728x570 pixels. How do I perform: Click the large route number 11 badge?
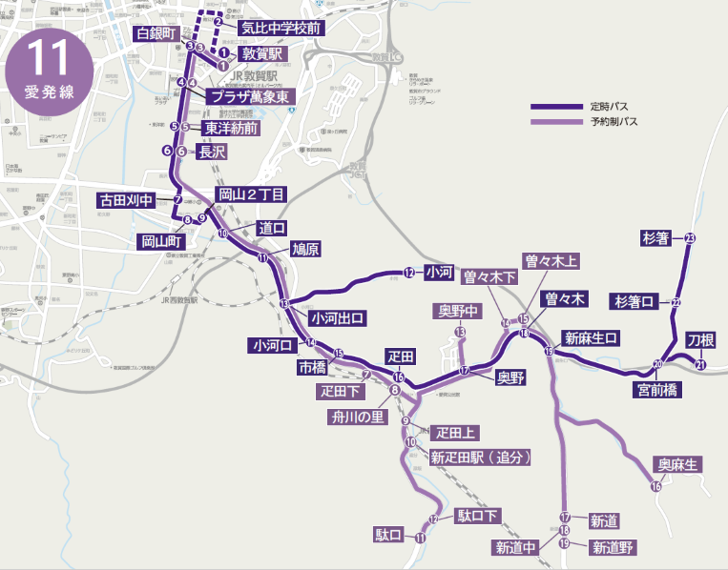[x=49, y=69]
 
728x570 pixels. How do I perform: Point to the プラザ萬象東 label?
[x=251, y=96]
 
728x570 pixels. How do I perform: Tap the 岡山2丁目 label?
[x=252, y=194]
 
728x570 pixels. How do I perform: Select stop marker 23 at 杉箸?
[x=690, y=238]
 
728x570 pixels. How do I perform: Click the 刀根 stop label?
[x=701, y=340]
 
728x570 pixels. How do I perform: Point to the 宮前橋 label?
[x=656, y=389]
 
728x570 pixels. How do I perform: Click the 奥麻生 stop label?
[x=678, y=464]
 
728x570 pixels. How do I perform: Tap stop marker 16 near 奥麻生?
[x=655, y=487]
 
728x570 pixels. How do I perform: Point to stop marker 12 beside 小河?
[x=408, y=273]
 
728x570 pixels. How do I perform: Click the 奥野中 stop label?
[x=460, y=311]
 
